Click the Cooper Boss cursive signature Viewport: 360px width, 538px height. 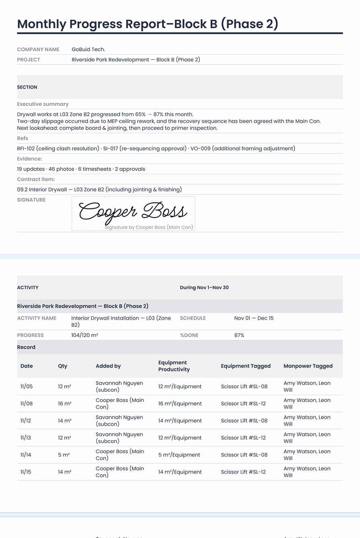pos(133,211)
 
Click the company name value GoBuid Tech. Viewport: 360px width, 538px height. pos(88,49)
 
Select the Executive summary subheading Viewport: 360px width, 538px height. pos(43,104)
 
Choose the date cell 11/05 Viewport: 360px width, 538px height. pos(27,386)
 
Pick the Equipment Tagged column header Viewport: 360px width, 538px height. pos(245,366)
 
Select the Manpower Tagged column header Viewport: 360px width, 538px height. pos(308,366)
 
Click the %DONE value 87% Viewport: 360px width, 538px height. pos(239,335)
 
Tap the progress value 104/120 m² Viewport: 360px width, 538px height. pos(84,335)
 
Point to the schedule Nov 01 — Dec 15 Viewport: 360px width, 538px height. pos(254,318)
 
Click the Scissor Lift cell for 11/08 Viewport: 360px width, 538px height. pos(243,403)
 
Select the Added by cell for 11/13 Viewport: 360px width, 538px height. pos(119,438)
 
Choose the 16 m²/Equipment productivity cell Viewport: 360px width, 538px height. pos(180,403)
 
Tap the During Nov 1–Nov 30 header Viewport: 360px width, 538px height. pos(204,287)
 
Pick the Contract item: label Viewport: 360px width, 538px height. pos(36,179)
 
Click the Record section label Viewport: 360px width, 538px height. pos(26,347)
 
